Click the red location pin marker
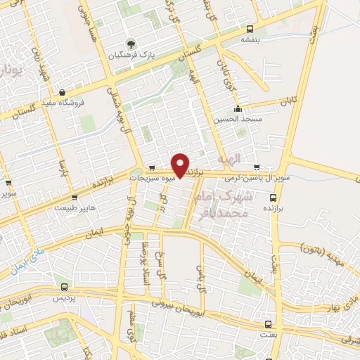[x=181, y=165]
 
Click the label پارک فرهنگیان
[x=129, y=53]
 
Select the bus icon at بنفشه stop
[x=250, y=29]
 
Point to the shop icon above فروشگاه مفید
[x=63, y=92]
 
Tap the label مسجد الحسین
[x=239, y=119]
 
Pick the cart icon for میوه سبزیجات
[x=152, y=168]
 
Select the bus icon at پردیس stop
[x=65, y=287]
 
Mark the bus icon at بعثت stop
[x=268, y=324]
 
